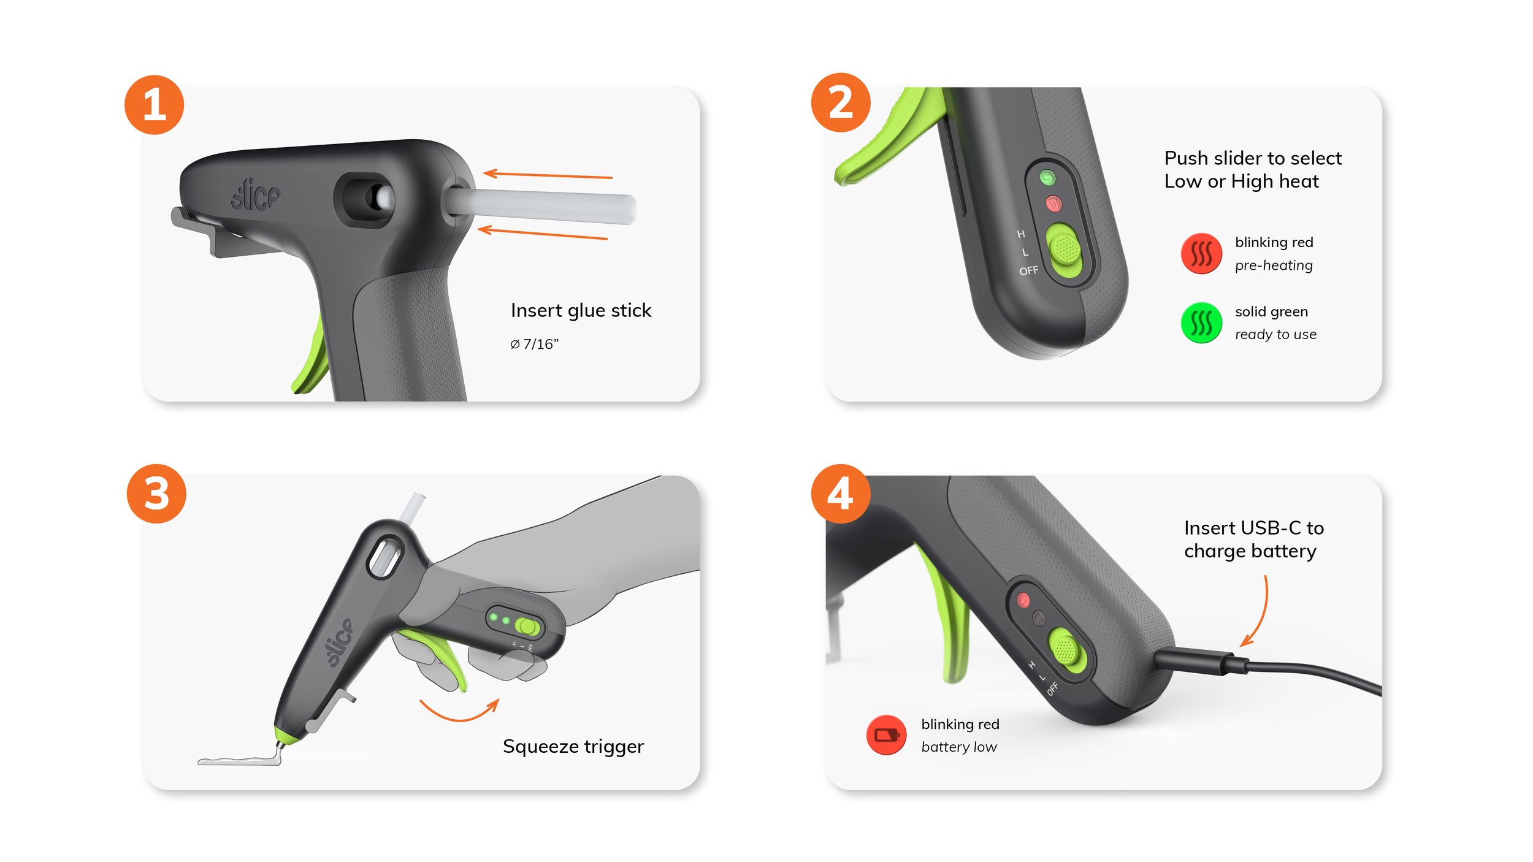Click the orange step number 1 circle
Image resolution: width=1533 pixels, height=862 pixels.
pyautogui.click(x=154, y=105)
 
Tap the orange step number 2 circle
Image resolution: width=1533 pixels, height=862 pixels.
pyautogui.click(x=841, y=102)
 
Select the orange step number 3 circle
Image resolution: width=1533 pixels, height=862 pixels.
pyautogui.click(x=156, y=494)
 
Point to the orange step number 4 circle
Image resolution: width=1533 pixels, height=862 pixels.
pyautogui.click(x=841, y=494)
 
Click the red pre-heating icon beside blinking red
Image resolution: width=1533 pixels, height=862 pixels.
pyautogui.click(x=1201, y=253)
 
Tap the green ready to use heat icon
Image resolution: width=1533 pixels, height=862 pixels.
pyautogui.click(x=1201, y=322)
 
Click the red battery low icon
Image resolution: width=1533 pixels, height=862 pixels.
pyautogui.click(x=886, y=734)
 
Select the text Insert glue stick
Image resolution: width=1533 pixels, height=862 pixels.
pyautogui.click(x=581, y=311)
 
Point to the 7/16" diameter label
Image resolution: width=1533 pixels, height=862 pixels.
pyautogui.click(x=534, y=344)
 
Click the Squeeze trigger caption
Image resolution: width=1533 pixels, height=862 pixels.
pyautogui.click(x=573, y=747)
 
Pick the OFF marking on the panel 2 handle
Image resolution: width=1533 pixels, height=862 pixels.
pyautogui.click(x=1029, y=270)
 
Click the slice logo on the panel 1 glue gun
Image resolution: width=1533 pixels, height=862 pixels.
pyautogui.click(x=255, y=195)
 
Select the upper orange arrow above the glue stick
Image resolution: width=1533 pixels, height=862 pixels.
pyautogui.click(x=548, y=175)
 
